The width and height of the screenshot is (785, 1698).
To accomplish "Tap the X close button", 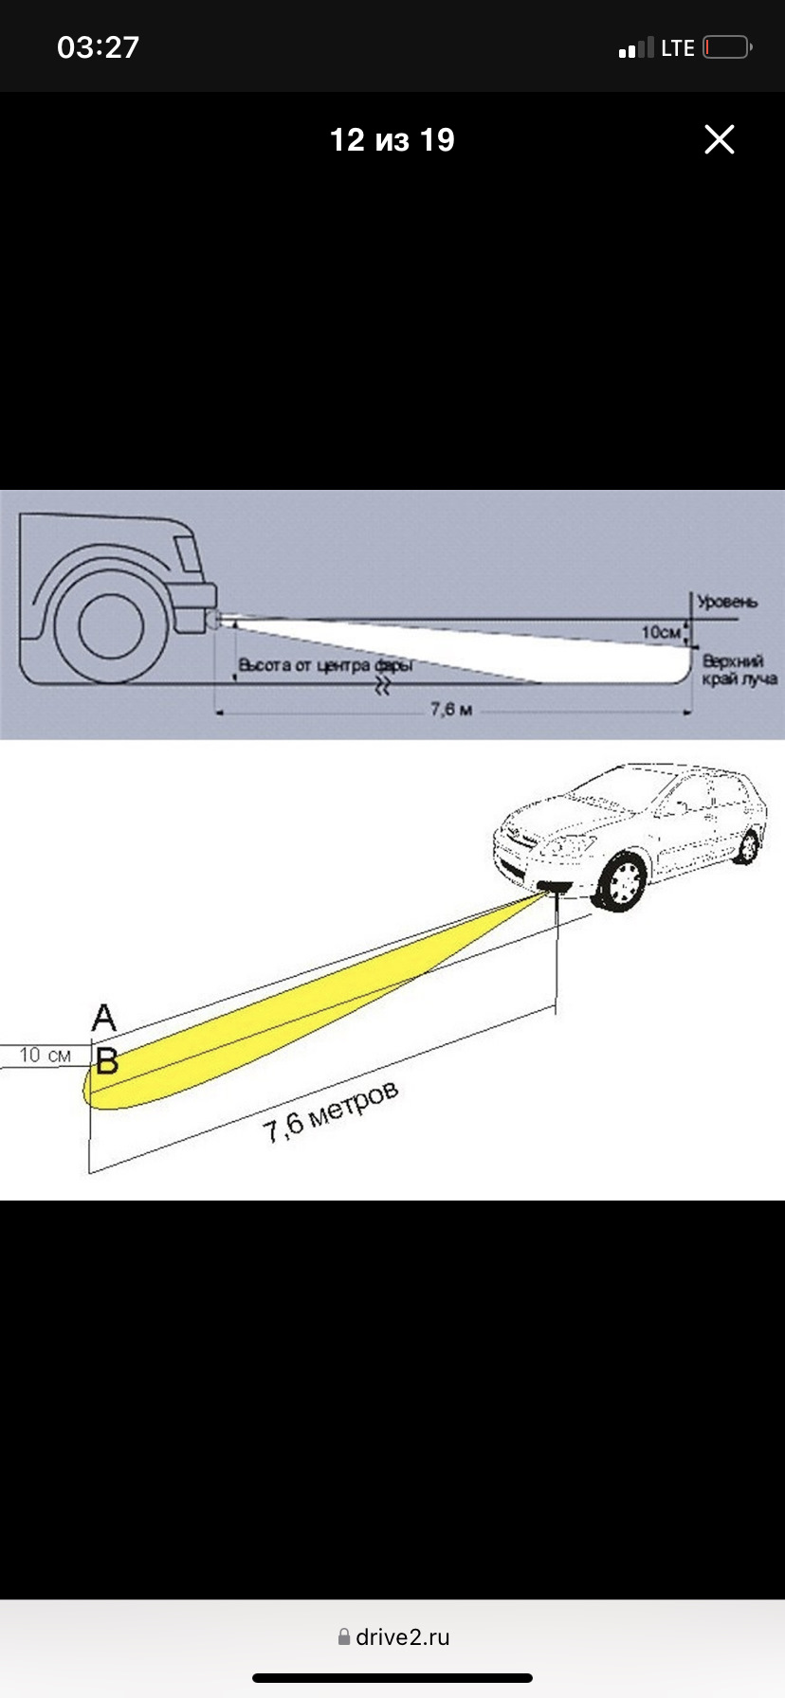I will coord(720,139).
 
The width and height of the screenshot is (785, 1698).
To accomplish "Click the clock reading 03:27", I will coord(98,47).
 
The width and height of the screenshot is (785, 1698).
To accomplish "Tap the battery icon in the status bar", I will coord(727,47).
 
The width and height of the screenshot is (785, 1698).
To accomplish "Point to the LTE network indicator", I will coord(678,48).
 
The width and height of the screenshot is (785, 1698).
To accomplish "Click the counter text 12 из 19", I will coord(392,140).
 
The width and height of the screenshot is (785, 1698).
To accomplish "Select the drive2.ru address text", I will coord(403,1636).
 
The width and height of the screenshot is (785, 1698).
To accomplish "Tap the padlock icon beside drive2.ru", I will coord(344,1636).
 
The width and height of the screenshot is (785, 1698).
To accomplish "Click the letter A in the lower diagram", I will coord(104,1019).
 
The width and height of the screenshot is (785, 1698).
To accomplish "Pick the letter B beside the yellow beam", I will coord(107,1061).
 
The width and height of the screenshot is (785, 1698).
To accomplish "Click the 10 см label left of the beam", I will coord(45,1056).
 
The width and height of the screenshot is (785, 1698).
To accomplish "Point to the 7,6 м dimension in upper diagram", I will coord(451,710).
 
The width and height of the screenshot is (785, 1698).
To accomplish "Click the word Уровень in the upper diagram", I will coord(727,602).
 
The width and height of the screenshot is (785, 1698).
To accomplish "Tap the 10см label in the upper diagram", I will coord(661,632).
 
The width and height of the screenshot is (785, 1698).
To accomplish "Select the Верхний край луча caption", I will coord(739,670).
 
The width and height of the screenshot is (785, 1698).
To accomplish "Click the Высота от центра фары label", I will coord(325,665).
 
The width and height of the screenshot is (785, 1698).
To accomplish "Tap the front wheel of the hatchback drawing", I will coord(623,882).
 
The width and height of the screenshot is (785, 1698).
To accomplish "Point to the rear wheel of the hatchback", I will coord(748,846).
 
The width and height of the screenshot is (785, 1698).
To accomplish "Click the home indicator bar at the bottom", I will coord(392,1678).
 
